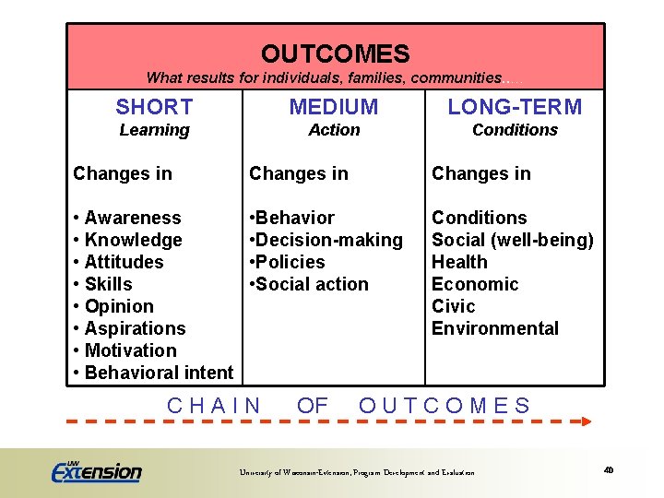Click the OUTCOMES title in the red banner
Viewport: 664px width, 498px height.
point(335,54)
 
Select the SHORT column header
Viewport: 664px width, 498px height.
point(154,107)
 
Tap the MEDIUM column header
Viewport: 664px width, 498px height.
point(334,107)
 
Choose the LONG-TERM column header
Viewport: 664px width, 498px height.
point(515,107)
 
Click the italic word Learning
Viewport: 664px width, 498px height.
point(154,130)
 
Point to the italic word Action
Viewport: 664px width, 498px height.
point(334,130)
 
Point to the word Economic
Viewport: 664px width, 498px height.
point(475,284)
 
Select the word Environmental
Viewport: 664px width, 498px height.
point(495,328)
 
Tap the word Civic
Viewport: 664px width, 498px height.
point(454,306)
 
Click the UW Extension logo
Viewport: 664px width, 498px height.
point(96,470)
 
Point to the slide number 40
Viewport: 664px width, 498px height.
point(609,470)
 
